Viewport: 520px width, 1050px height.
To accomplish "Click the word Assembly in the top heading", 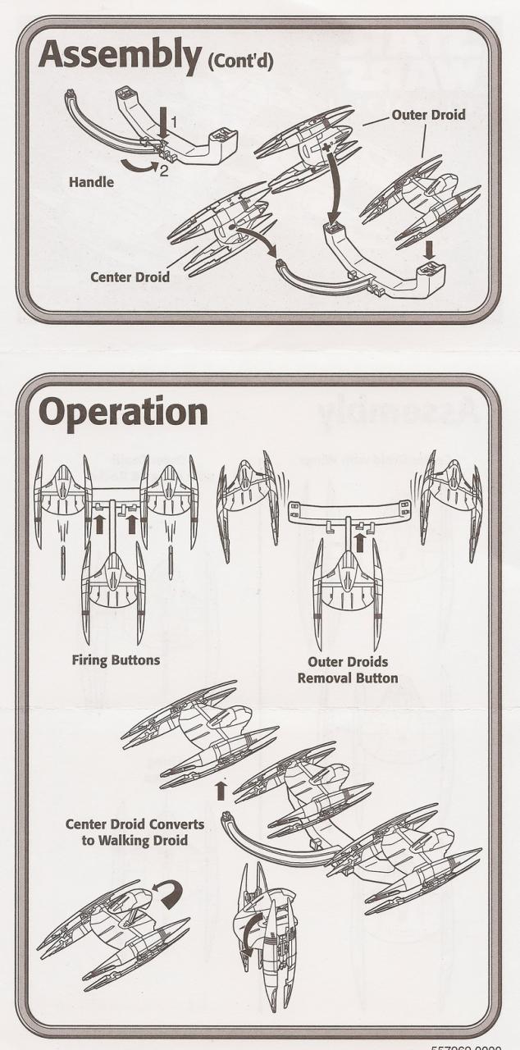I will tap(119, 57).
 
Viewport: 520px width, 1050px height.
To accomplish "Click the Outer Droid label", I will tap(427, 115).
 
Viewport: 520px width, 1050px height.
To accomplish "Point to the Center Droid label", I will tap(129, 277).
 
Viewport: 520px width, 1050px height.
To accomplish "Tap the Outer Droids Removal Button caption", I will tap(359, 671).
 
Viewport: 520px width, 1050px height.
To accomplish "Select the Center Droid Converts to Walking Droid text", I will tap(135, 832).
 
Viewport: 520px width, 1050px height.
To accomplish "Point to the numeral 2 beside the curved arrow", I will tap(166, 171).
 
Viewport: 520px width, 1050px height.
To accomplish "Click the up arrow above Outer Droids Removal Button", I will tap(358, 541).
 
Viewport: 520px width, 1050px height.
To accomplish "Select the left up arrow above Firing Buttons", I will tap(100, 523).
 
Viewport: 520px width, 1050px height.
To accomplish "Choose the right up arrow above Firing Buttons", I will tap(131, 523).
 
